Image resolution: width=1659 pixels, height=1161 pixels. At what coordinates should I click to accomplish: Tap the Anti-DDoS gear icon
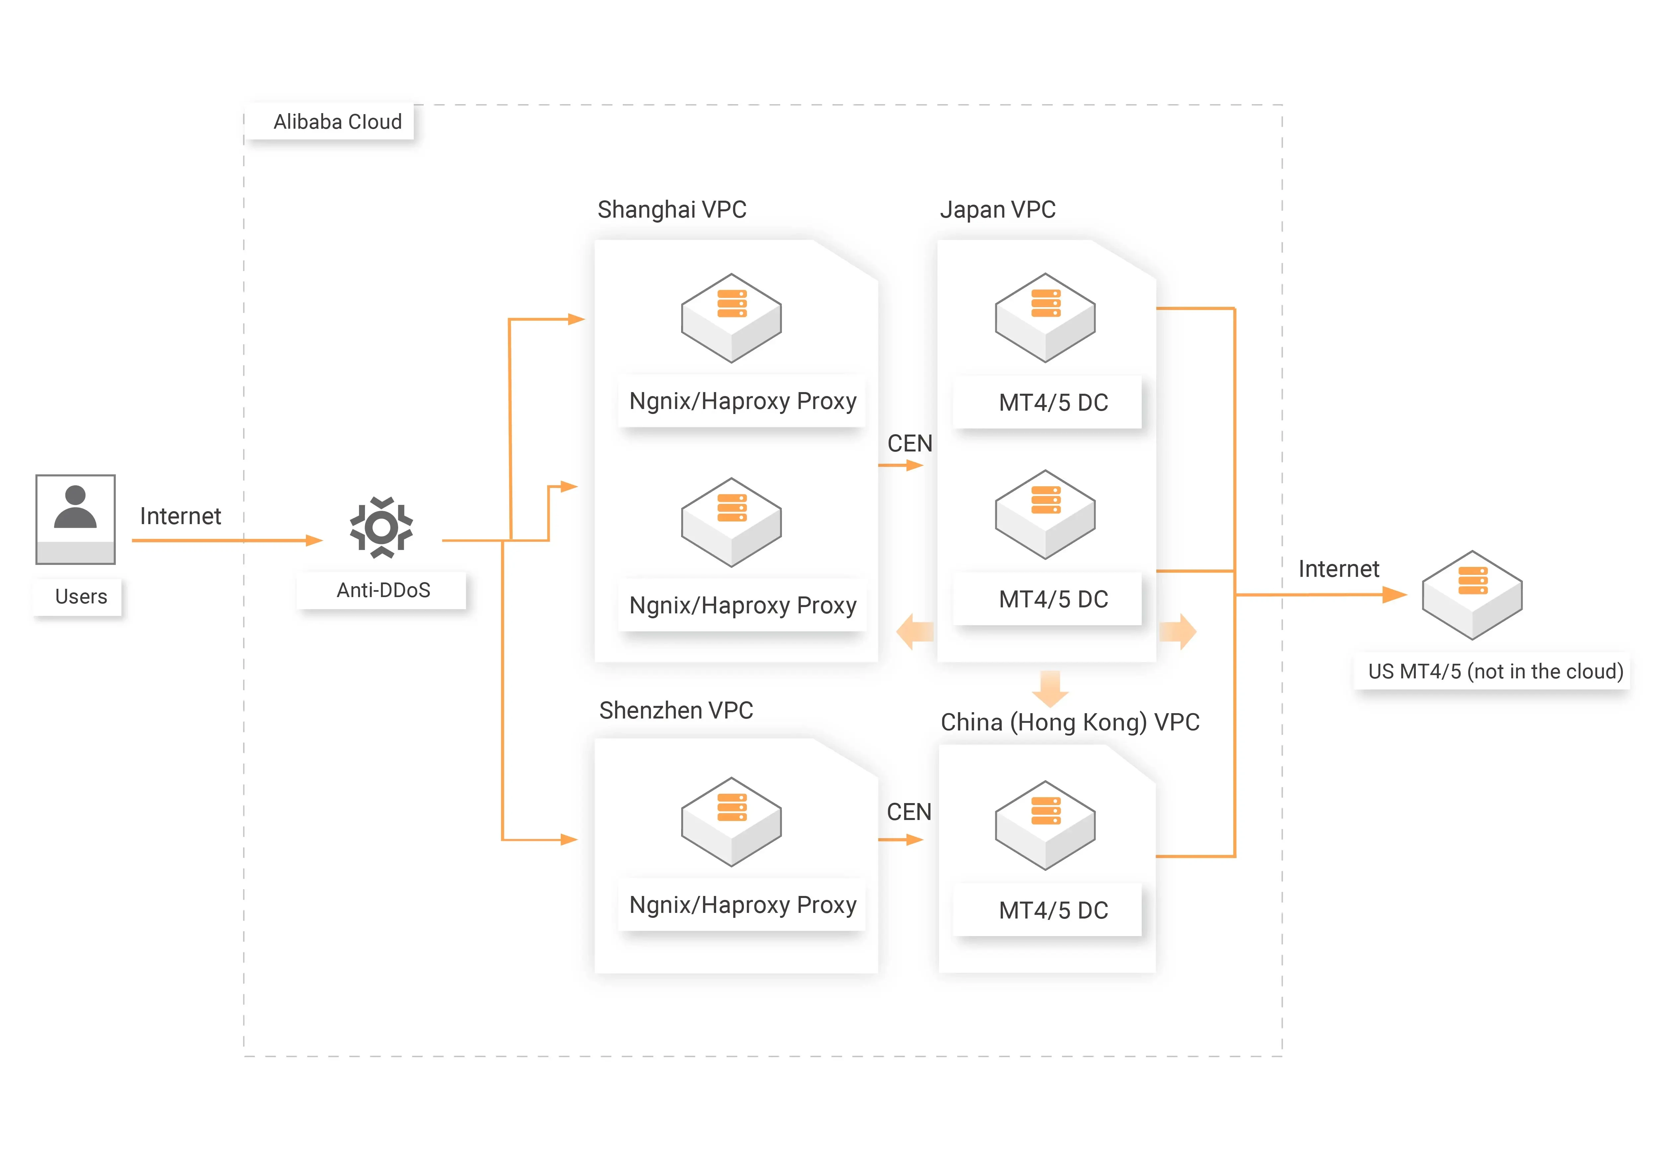pos(382,527)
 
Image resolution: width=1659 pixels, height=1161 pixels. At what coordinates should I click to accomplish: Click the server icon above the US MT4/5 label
pos(1472,594)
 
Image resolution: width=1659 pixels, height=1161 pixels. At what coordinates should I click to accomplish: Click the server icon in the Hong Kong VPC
pos(1045,825)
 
